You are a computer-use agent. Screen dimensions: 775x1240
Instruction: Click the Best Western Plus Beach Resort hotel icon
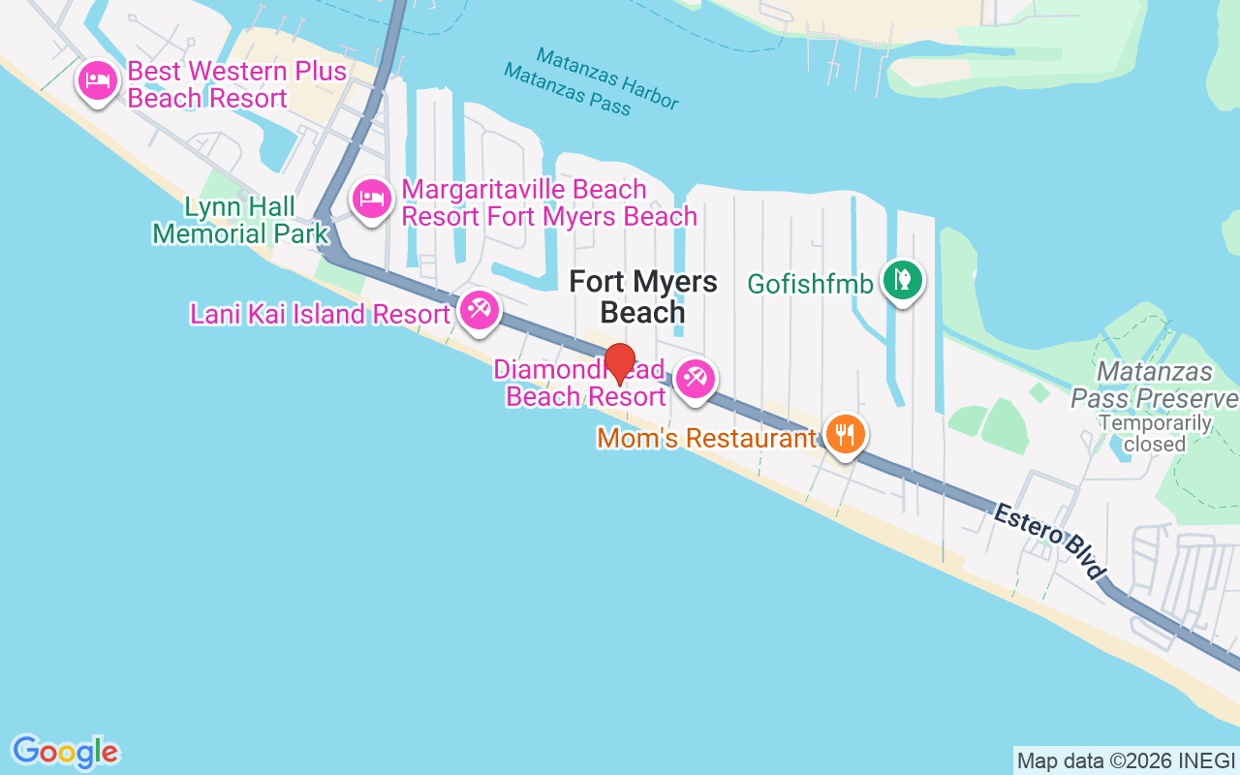[98, 80]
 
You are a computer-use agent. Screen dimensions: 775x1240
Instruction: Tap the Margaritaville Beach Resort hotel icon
[371, 201]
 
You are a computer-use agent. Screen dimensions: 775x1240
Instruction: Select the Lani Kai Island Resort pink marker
[478, 310]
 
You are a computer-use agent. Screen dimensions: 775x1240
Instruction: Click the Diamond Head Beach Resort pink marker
[695, 379]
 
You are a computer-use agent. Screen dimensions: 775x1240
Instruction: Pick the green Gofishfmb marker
[903, 281]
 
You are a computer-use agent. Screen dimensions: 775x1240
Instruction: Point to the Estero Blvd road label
[1049, 542]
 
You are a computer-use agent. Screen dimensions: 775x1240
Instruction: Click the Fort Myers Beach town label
[643, 296]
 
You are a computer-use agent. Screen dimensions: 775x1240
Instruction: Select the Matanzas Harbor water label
[606, 78]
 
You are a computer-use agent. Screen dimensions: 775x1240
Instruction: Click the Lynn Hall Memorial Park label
[241, 220]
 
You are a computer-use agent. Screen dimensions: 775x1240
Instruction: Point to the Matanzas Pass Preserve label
[1154, 386]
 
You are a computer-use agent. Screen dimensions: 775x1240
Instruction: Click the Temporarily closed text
[1155, 433]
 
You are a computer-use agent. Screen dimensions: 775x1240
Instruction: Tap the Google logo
[66, 751]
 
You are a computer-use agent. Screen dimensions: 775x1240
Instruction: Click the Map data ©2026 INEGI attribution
[1126, 760]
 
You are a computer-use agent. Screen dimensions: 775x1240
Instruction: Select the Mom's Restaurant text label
[707, 438]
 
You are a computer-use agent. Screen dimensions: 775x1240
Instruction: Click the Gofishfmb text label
[810, 284]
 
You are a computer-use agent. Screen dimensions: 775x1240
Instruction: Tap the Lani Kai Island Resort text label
[320, 314]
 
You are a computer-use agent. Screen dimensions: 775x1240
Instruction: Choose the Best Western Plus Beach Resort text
[236, 84]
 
